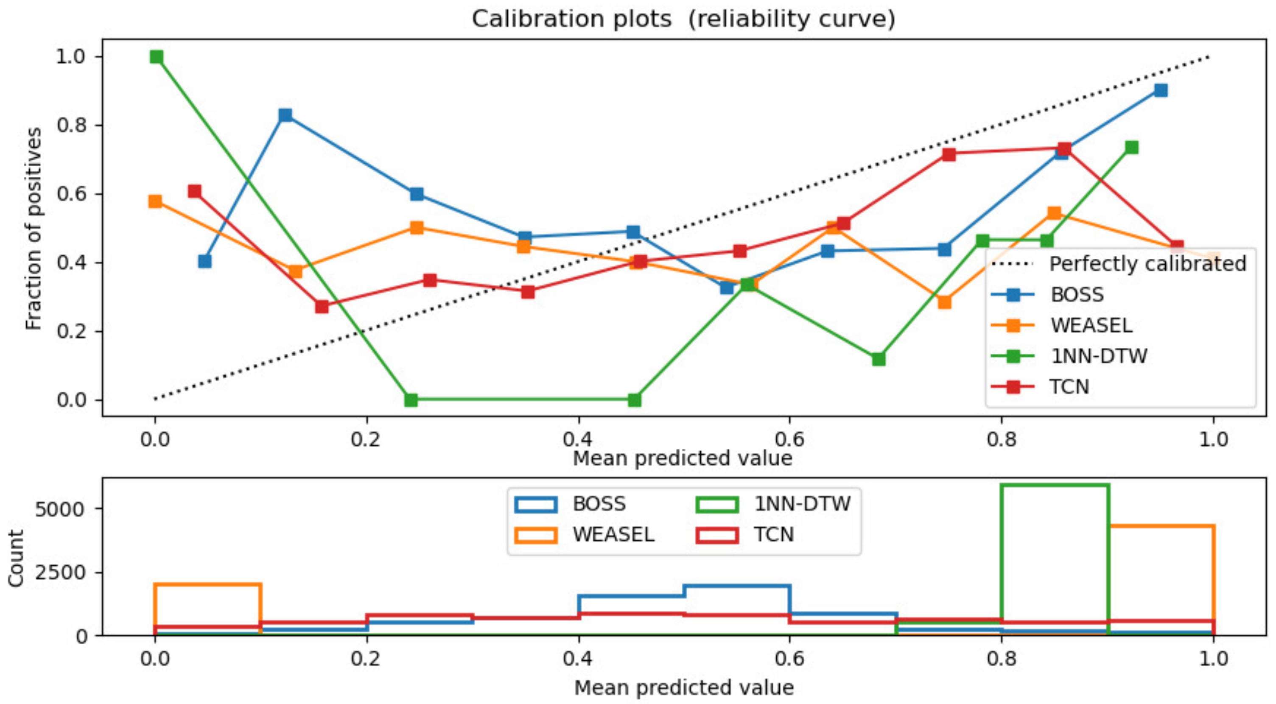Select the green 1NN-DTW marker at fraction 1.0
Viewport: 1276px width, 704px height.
point(157,57)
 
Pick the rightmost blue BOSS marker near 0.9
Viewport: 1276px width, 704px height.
point(1161,90)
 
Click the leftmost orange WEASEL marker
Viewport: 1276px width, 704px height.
point(155,201)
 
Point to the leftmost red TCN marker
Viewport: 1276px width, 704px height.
point(195,191)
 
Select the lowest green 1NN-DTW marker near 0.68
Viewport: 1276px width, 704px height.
point(878,359)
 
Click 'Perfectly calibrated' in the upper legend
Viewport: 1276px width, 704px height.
point(1147,264)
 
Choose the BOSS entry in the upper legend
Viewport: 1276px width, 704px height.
point(1077,295)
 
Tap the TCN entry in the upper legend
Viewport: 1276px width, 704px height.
point(1069,387)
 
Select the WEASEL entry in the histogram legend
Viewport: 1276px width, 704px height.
point(613,535)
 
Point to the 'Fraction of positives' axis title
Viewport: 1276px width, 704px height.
point(34,229)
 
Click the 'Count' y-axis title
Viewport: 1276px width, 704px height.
point(16,558)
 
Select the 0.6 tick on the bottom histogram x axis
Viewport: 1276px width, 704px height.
point(789,659)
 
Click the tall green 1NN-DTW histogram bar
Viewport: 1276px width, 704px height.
point(1055,559)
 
